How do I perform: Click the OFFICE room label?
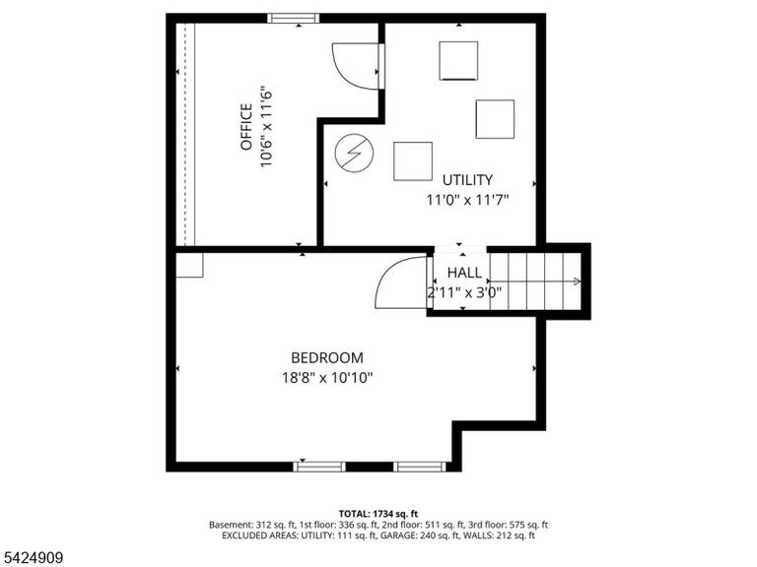pyautogui.click(x=246, y=127)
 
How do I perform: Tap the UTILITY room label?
pyautogui.click(x=467, y=180)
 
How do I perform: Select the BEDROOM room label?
pyautogui.click(x=327, y=357)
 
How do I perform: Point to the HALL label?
pyautogui.click(x=464, y=273)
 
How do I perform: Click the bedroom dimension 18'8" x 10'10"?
pyautogui.click(x=327, y=377)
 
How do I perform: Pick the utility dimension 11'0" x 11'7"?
pyautogui.click(x=467, y=199)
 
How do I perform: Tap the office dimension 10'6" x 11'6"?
pyautogui.click(x=267, y=127)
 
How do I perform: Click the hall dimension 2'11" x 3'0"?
pyautogui.click(x=464, y=291)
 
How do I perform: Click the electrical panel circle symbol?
pyautogui.click(x=355, y=154)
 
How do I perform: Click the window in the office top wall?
pyautogui.click(x=293, y=19)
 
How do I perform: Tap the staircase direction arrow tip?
pyautogui.click(x=580, y=282)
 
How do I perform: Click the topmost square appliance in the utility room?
pyautogui.click(x=458, y=61)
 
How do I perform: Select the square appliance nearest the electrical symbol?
pyautogui.click(x=413, y=161)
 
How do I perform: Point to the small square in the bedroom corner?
pyautogui.click(x=189, y=265)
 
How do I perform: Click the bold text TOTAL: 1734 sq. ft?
pyautogui.click(x=378, y=514)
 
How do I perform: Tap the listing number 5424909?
pyautogui.click(x=32, y=558)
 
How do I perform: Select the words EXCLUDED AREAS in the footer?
pyautogui.click(x=260, y=535)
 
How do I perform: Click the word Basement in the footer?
pyautogui.click(x=229, y=525)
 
